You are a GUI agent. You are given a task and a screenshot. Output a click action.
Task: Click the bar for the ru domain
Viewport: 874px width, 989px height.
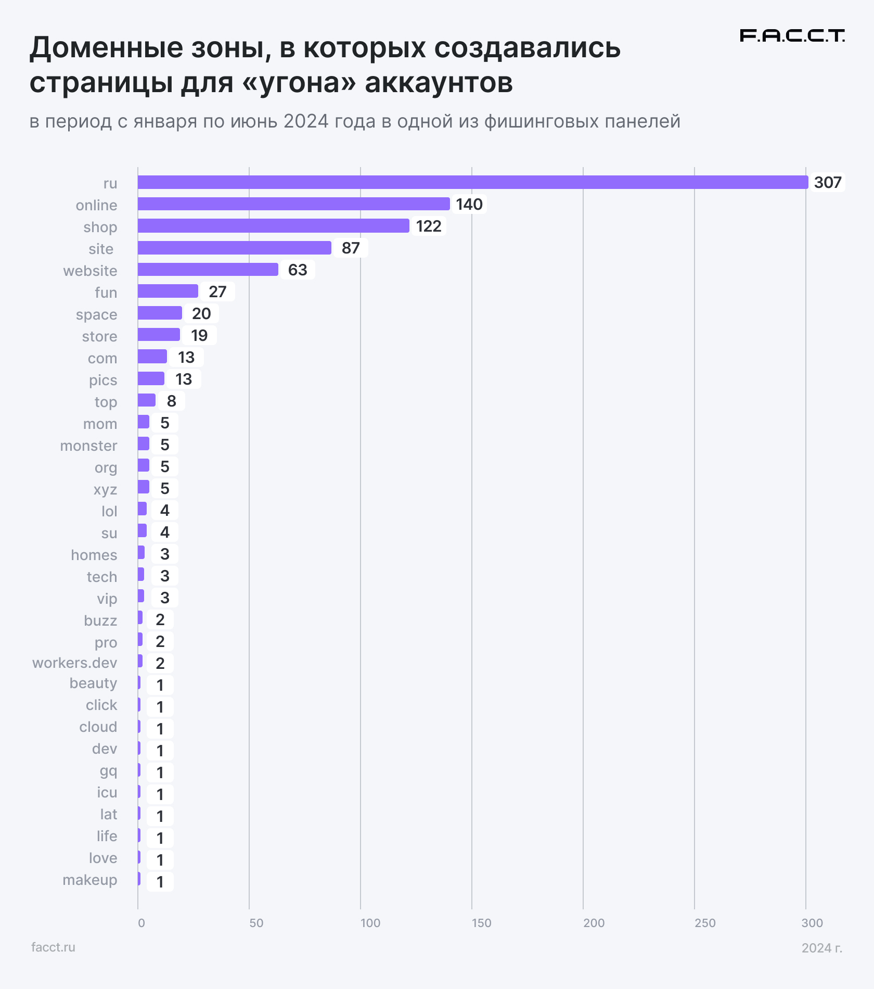pos(472,182)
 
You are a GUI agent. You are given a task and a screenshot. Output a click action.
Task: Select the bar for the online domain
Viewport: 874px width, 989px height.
pos(293,204)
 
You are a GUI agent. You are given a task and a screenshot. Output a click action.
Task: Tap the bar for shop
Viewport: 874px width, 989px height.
pos(273,226)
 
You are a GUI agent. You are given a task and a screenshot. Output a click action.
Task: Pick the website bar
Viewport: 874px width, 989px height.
pos(208,270)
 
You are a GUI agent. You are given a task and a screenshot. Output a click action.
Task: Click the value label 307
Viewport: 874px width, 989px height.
pos(827,183)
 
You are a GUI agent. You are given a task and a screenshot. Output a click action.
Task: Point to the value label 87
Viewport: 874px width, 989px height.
pos(351,248)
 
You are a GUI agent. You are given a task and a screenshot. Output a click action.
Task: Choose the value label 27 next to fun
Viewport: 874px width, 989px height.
pos(217,292)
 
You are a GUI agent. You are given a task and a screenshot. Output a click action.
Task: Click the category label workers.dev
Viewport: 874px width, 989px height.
pos(75,663)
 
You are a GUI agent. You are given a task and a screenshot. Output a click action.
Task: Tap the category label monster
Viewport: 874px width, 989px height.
pos(88,446)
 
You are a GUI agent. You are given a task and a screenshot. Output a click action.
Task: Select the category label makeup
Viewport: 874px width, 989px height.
pos(90,880)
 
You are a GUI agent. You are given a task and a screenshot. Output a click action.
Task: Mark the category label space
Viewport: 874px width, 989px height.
pos(96,314)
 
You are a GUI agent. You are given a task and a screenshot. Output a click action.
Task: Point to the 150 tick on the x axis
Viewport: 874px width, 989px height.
pos(481,923)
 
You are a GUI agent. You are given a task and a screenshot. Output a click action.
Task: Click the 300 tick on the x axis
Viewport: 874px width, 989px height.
pos(812,923)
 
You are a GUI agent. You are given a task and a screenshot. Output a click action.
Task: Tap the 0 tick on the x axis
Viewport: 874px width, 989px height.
pos(141,923)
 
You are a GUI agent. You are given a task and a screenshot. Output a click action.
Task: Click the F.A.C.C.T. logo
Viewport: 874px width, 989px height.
pos(792,35)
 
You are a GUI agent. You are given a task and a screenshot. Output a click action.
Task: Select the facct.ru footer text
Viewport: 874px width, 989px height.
pos(53,947)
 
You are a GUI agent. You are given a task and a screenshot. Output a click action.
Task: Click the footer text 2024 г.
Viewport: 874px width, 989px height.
pos(821,948)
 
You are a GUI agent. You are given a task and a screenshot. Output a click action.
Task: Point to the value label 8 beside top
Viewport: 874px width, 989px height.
pos(171,401)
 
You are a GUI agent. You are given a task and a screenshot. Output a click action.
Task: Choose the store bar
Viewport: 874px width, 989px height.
pos(159,335)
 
